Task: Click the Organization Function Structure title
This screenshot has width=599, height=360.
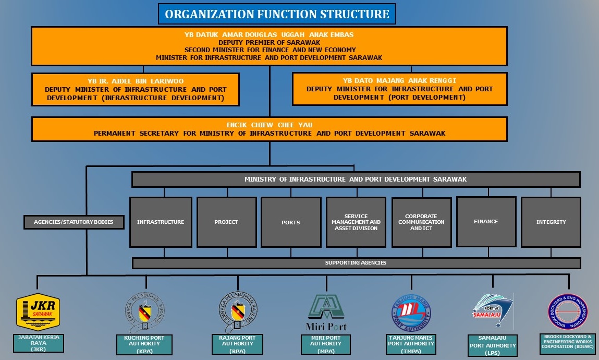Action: pos(277,14)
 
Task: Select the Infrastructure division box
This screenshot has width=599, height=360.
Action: pos(161,222)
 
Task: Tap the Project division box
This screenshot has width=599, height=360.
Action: pos(226,222)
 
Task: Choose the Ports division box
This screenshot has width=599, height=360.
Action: pos(290,222)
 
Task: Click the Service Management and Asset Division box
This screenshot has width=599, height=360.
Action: pos(356,222)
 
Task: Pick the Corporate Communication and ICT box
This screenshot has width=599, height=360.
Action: pos(421,222)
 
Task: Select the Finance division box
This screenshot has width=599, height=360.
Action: pos(486,221)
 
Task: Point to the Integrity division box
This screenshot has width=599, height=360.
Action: pos(551,222)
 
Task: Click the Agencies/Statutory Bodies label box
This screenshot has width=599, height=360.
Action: pos(75,222)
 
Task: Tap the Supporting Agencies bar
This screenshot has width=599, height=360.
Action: pos(356,262)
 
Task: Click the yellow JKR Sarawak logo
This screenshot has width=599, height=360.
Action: pos(39,313)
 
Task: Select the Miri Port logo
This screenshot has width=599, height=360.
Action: pos(326,313)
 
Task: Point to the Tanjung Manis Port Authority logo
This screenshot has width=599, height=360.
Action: pos(411,314)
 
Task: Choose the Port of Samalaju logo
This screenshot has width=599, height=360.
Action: pos(493,311)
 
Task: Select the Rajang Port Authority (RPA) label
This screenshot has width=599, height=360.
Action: pos(240,344)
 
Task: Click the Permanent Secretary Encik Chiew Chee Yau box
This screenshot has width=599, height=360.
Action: pos(269,129)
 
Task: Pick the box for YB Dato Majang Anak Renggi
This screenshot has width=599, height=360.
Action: pos(399,89)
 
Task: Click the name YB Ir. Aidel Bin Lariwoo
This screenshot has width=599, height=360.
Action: pos(136,81)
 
